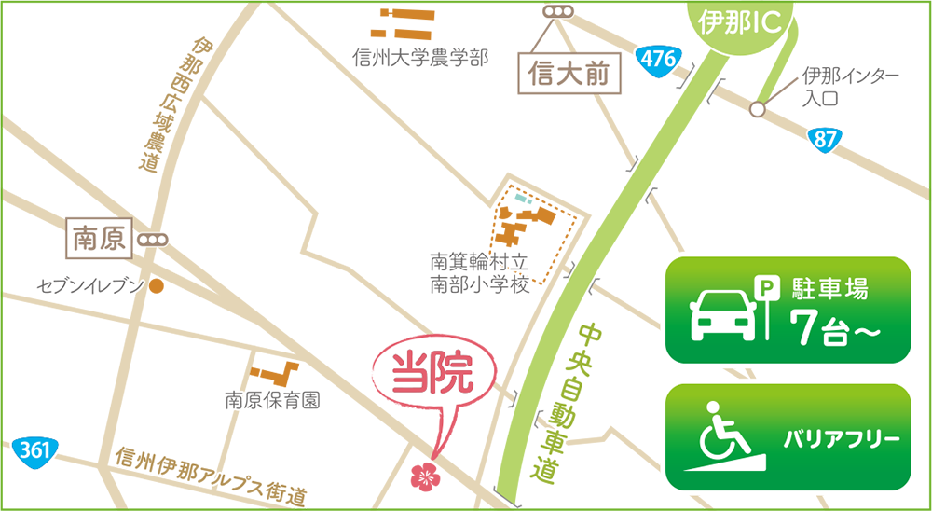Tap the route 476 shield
[x=658, y=59]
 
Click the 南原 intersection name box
[x=99, y=240]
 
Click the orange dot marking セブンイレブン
[x=158, y=285]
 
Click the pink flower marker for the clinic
[x=424, y=476]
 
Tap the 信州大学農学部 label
[x=420, y=58]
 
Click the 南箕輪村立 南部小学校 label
[x=479, y=273]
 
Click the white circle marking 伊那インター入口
[x=758, y=109]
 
